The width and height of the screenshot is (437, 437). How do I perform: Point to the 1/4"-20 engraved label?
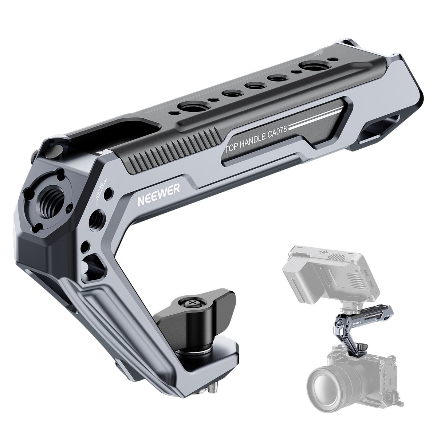click(x=100, y=189)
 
